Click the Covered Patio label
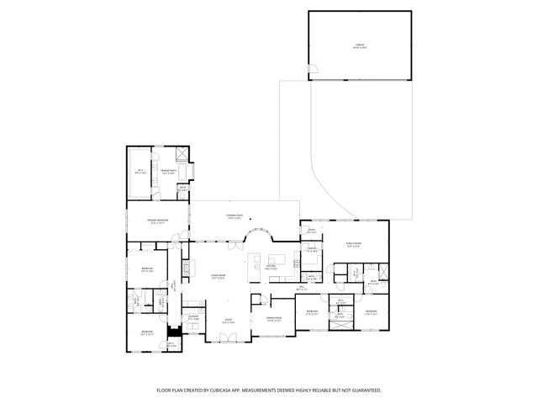(x=234, y=217)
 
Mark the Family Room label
(x=352, y=245)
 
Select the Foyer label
(x=228, y=320)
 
